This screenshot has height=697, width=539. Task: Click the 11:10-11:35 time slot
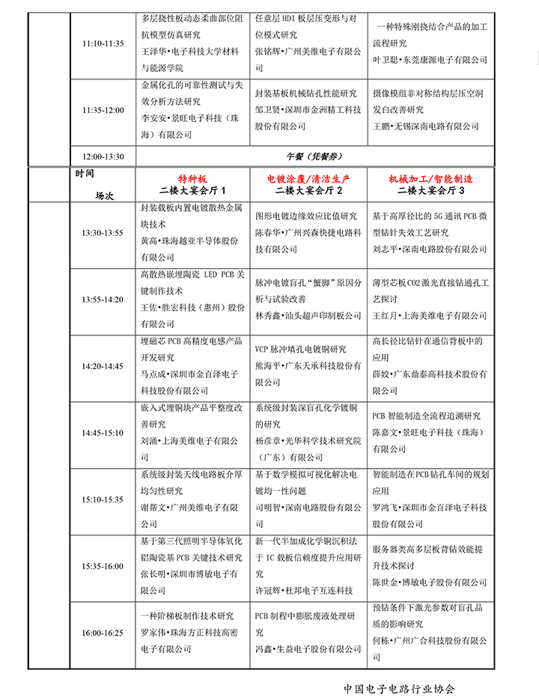pos(103,43)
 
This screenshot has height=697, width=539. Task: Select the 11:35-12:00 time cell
pos(103,110)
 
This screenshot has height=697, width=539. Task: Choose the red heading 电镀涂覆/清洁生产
pos(308,180)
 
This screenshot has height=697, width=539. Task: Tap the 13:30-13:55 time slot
pos(103,233)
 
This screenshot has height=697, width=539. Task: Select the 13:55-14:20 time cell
pos(103,299)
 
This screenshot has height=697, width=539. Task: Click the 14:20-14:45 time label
pos(103,366)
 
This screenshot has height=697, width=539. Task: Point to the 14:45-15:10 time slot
pos(103,433)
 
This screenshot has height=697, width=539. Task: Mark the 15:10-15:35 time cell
pos(103,499)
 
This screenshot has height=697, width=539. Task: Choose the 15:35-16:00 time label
pos(103,566)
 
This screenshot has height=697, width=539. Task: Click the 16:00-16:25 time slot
pos(103,633)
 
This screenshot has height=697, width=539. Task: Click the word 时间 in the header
pos(85,174)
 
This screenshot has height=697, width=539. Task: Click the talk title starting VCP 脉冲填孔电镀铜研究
pos(301,349)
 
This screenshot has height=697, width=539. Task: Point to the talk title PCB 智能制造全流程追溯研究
pos(426,416)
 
